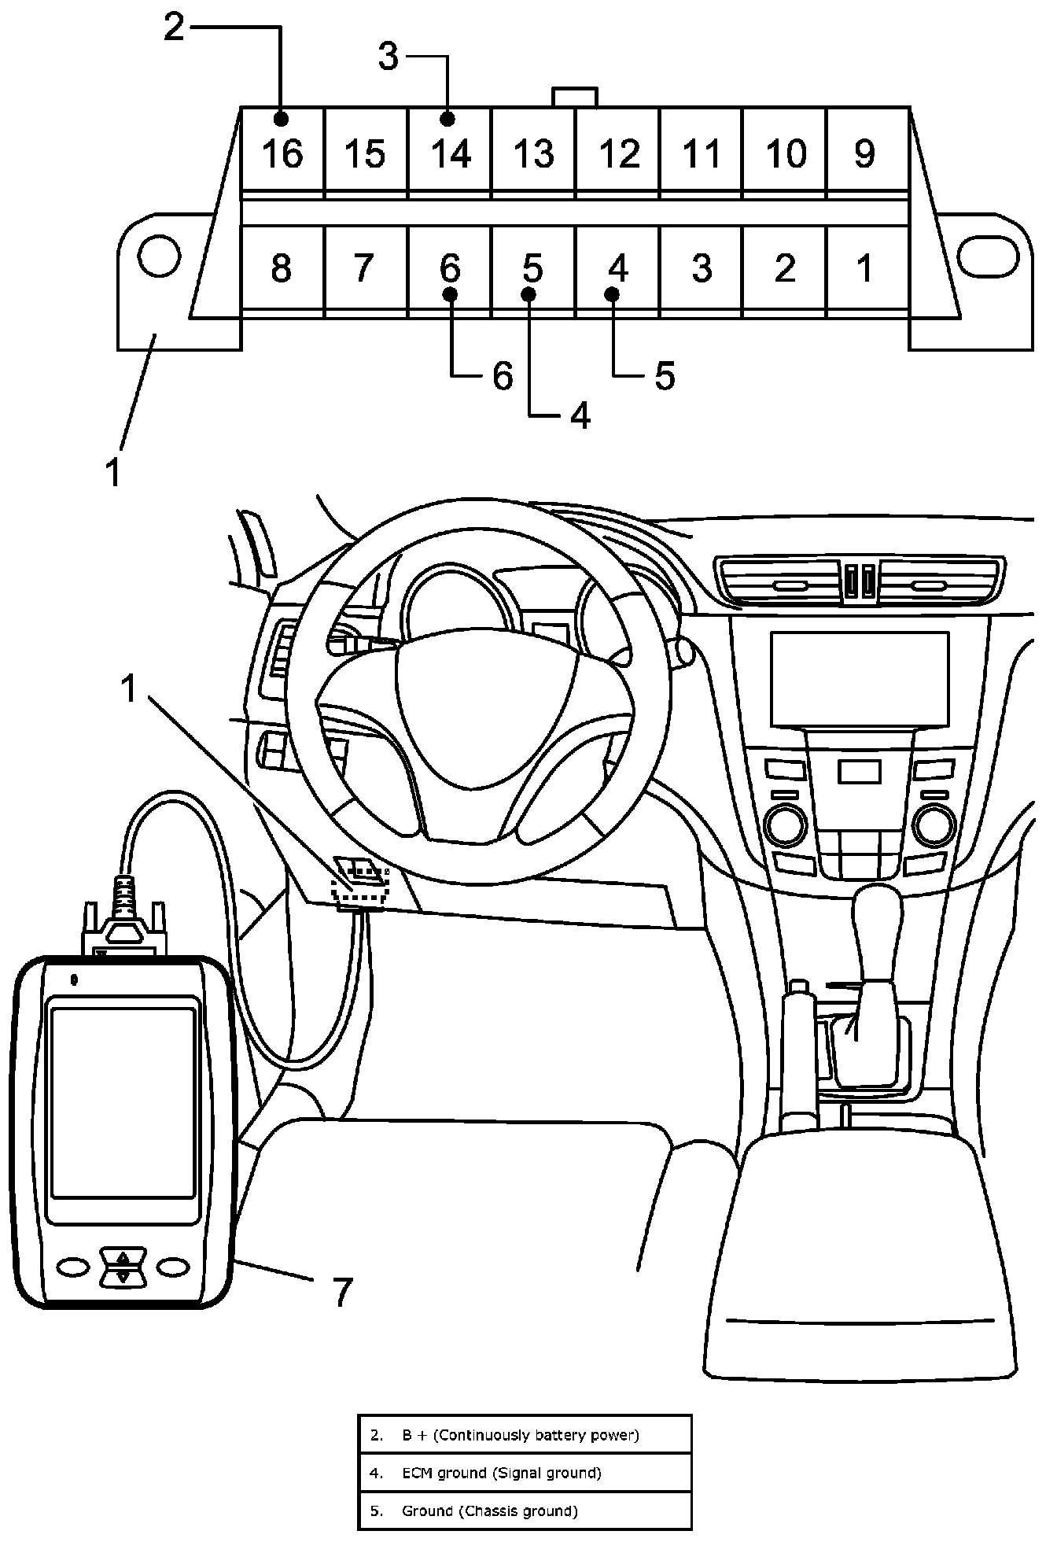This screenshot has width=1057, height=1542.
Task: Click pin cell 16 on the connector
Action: [282, 149]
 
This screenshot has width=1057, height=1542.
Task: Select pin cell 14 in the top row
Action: [450, 149]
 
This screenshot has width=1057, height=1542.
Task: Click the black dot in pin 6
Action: [450, 294]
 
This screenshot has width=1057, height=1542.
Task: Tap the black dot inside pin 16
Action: [281, 119]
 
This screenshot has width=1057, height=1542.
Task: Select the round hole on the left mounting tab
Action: [159, 256]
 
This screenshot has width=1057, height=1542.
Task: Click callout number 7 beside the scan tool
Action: [341, 1291]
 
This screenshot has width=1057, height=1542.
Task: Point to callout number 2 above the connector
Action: [174, 28]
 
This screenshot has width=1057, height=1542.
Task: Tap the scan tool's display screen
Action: [123, 1101]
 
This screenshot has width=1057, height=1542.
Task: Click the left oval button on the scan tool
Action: [73, 1265]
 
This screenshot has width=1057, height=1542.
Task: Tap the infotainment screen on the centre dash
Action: [860, 679]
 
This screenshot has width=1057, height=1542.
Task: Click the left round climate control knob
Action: [784, 824]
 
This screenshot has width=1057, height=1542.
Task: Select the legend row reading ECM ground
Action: [525, 1473]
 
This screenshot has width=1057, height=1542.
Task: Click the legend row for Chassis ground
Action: [525, 1511]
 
